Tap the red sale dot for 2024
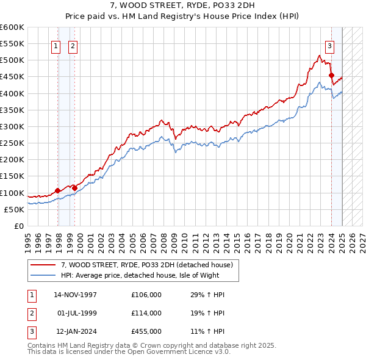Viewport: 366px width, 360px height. pos(331,76)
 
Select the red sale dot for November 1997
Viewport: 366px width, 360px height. pos(58,190)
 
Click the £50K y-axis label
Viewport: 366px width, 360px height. pos(15,209)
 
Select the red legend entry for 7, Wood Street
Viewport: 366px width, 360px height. pos(147,265)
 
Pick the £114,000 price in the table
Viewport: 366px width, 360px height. pos(146,313)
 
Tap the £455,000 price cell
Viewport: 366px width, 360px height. pos(146,331)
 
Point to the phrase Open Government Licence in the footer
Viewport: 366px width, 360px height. pos(175,352)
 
